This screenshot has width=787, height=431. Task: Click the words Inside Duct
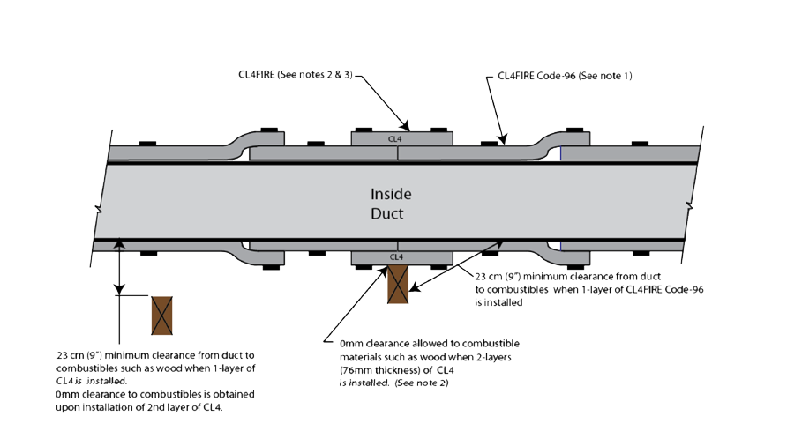[390, 204]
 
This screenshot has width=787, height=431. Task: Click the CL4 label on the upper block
[396, 139]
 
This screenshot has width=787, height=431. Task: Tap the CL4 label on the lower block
[396, 257]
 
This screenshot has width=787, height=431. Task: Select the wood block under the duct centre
[398, 284]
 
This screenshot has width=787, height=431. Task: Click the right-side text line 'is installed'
[500, 301]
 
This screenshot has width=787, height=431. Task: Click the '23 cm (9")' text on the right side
[504, 275]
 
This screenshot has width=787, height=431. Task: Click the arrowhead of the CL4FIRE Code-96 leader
[503, 139]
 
